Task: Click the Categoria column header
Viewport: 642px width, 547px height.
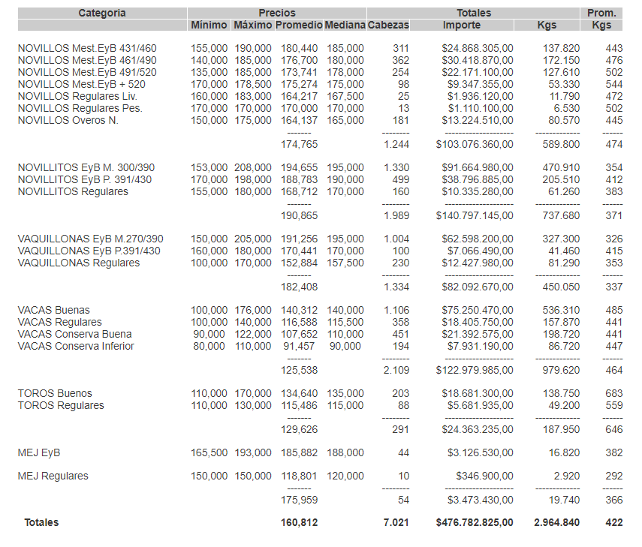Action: (x=102, y=13)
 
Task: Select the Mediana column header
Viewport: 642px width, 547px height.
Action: (x=345, y=26)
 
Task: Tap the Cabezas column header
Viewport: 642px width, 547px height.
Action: (x=389, y=26)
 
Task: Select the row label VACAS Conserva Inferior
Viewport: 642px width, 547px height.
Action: (x=76, y=346)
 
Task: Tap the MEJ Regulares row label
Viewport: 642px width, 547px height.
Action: (x=53, y=476)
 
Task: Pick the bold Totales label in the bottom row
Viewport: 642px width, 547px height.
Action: (x=41, y=522)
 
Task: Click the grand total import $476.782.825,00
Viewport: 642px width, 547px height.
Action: (x=475, y=522)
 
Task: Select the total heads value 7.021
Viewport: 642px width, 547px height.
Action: (x=396, y=522)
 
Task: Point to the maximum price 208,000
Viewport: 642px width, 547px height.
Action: (x=252, y=167)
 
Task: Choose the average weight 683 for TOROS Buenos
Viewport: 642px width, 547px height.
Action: (x=613, y=393)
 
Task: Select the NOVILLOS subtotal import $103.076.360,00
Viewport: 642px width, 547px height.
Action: (x=475, y=144)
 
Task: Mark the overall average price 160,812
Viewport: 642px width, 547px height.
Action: (x=299, y=522)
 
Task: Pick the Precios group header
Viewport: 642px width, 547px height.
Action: (x=277, y=13)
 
